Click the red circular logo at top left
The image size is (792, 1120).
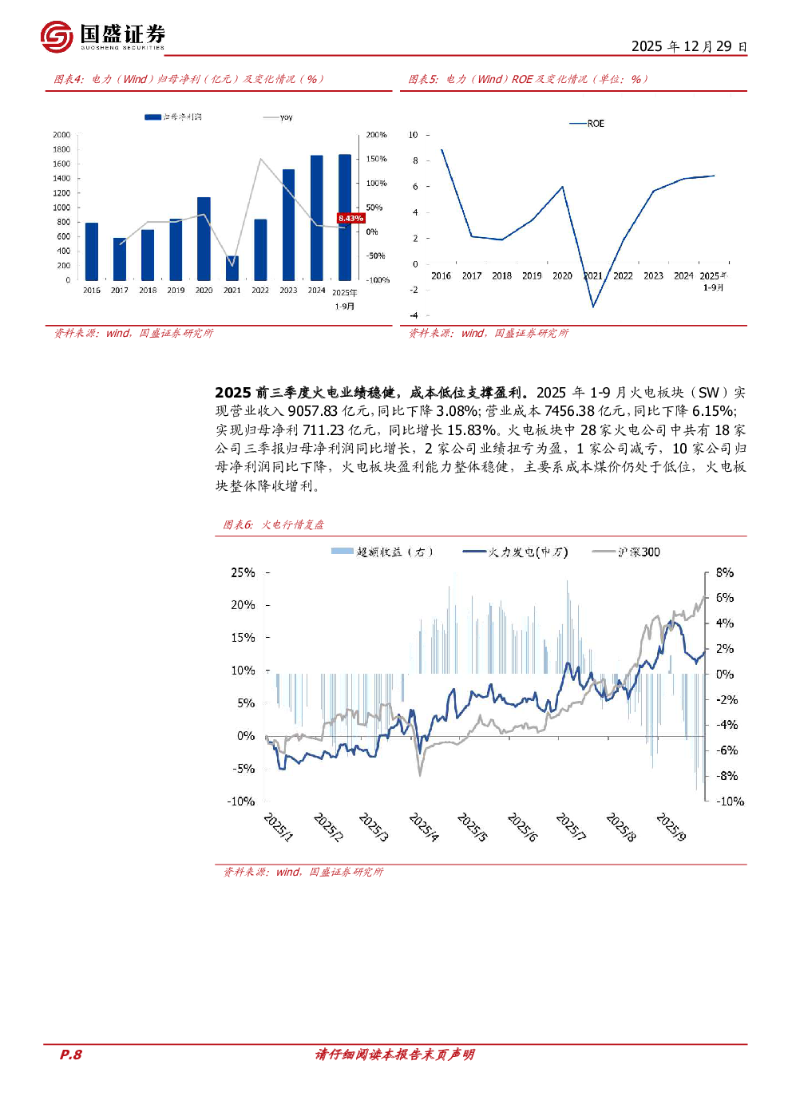[x=57, y=37]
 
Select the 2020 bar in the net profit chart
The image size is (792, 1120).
[x=204, y=238]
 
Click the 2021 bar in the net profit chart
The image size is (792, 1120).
[x=232, y=268]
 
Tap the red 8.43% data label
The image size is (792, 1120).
[x=350, y=218]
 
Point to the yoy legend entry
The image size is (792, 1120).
[x=279, y=117]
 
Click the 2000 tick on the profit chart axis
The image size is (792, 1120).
[x=61, y=135]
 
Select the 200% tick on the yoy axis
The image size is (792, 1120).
[x=376, y=135]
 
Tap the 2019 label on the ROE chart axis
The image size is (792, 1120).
[x=532, y=276]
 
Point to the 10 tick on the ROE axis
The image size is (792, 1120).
[x=414, y=135]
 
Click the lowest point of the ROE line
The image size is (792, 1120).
[x=593, y=307]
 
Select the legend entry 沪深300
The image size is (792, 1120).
[x=627, y=552]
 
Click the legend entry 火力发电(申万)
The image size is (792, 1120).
[x=516, y=552]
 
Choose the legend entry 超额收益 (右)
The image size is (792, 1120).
[x=383, y=552]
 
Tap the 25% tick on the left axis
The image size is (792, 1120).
[x=243, y=572]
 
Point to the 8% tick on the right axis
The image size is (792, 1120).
[x=724, y=572]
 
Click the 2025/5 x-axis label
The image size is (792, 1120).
[x=472, y=826]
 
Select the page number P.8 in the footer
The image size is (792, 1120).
[x=71, y=1055]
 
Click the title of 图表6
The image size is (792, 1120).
[x=274, y=524]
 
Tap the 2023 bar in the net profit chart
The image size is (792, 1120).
[x=288, y=224]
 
